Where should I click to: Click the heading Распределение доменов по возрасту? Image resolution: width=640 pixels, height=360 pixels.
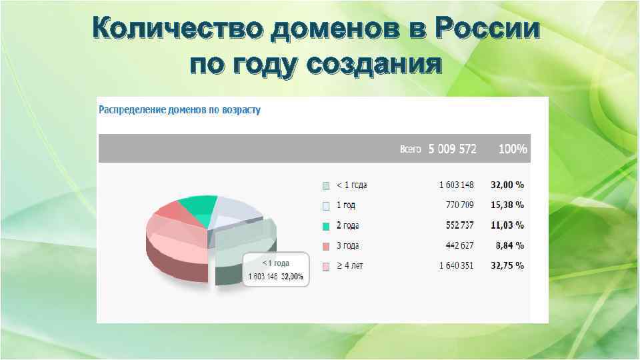tap(179, 109)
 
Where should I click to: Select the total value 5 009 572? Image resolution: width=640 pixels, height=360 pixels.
tap(453, 149)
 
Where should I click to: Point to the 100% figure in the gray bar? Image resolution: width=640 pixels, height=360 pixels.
tap(513, 149)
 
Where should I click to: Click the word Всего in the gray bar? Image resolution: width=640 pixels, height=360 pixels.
tap(410, 149)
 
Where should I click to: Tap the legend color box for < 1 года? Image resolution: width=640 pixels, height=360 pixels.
tap(326, 185)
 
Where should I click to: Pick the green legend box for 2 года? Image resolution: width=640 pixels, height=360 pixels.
tap(326, 226)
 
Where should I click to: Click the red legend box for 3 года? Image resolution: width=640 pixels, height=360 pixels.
tap(326, 246)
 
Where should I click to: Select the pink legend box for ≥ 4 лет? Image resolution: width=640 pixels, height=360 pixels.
tap(326, 266)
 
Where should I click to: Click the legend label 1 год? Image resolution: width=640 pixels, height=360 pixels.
tap(345, 205)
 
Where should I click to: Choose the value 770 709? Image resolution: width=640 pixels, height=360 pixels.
tap(459, 205)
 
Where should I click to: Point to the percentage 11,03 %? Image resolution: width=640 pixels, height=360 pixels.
tap(507, 225)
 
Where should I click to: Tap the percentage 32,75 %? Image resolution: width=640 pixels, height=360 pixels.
tap(507, 265)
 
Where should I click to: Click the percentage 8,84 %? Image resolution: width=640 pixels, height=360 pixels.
tap(510, 245)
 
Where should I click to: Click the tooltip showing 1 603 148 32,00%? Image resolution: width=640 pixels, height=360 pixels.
tap(275, 270)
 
